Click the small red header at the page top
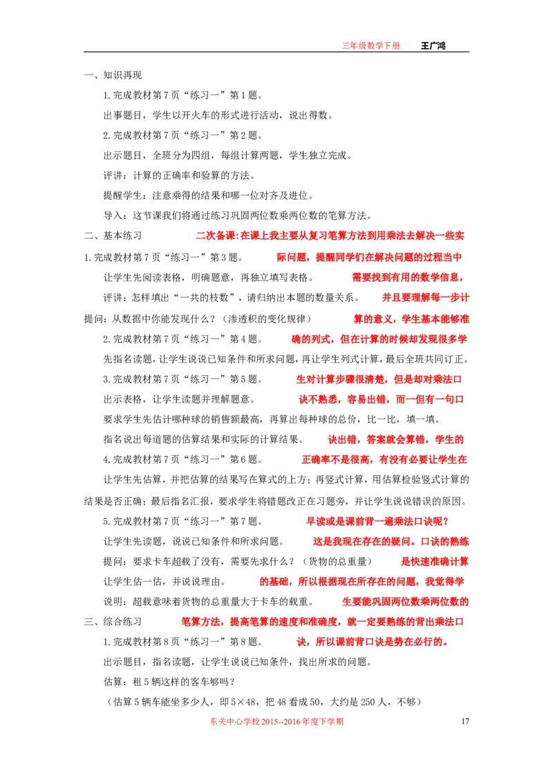click(371, 46)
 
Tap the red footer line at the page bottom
click(277, 723)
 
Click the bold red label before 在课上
click(216, 236)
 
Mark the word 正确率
click(316, 460)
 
